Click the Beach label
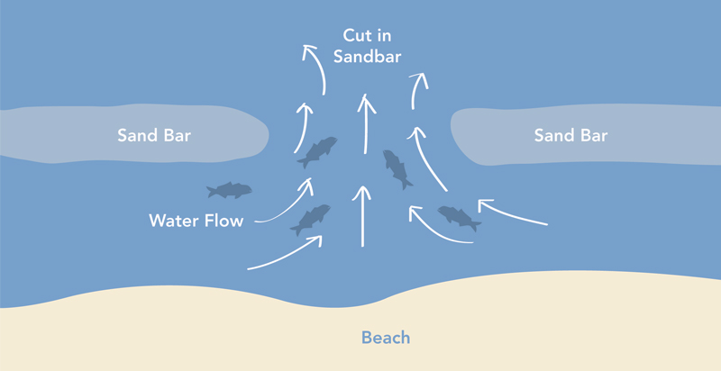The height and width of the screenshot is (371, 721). [386, 339]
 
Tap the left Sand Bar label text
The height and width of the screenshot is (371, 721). [153, 136]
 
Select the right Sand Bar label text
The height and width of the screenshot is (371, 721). [570, 136]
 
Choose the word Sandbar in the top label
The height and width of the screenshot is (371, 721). [366, 57]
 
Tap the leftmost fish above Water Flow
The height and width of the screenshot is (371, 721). [229, 190]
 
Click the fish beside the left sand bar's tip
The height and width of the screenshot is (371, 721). [317, 151]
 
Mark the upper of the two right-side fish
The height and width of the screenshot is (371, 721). [397, 168]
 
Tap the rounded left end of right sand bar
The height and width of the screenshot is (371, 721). [456, 136]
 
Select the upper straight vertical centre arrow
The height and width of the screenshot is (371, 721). [365, 122]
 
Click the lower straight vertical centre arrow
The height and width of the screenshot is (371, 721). [363, 216]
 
